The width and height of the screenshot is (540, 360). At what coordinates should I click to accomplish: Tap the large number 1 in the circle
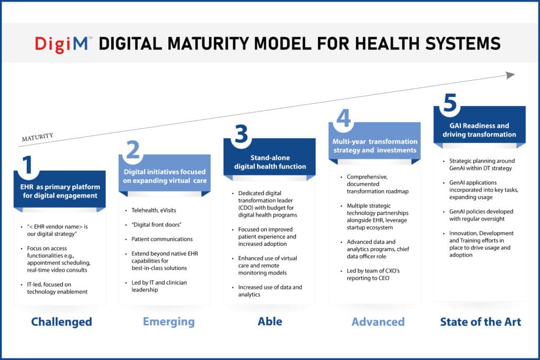coord(28,164)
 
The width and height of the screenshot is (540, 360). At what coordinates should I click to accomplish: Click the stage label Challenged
coord(61,322)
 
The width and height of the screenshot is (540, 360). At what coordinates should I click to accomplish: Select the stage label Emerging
coord(168,322)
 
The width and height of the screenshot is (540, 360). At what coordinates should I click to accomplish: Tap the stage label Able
coord(269,322)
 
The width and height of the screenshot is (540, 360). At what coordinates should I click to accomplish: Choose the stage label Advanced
coord(378,322)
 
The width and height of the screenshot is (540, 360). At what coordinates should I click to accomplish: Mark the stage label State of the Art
coord(480,322)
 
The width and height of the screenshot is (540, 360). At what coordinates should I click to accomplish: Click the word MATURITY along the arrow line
coord(37,138)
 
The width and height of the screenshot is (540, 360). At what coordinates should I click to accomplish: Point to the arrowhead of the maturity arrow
coord(510,75)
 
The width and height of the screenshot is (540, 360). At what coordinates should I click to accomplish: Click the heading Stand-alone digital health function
coord(269,162)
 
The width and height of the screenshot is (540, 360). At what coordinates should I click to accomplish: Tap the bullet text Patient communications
coord(161,239)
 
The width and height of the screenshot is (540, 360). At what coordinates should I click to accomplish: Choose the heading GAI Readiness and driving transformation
coord(479,130)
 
